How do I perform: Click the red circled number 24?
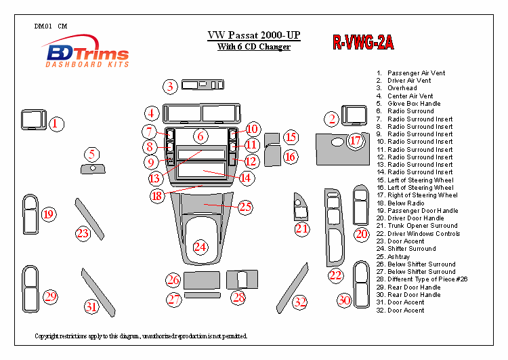click(x=200, y=247)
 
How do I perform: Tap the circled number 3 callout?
click(x=171, y=86)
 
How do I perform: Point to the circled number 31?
click(x=91, y=306)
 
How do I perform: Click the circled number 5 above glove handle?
click(x=91, y=154)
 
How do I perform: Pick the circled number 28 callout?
click(x=238, y=297)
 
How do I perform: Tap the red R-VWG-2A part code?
click(x=362, y=43)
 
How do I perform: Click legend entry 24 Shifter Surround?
click(x=410, y=249)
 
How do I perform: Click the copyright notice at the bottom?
click(x=141, y=336)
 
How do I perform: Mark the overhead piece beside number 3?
click(x=201, y=85)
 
